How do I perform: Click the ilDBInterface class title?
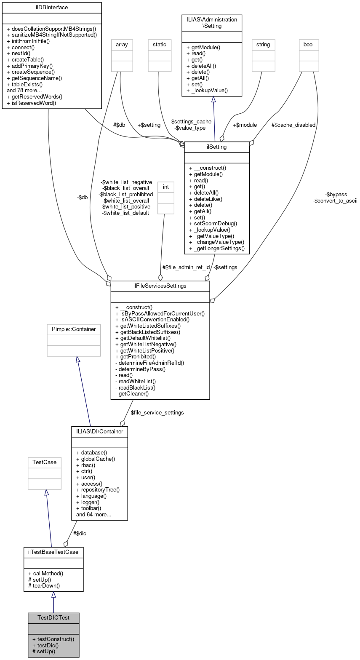click(52, 7)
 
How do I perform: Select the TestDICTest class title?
click(53, 617)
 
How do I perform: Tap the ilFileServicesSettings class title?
click(160, 286)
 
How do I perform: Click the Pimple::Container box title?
click(74, 329)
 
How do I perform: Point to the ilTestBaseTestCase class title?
click(53, 551)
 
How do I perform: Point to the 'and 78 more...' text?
click(24, 90)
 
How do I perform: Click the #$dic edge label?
click(80, 533)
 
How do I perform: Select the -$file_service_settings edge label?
click(156, 412)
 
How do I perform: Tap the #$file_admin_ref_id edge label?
click(186, 267)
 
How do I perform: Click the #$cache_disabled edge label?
click(293, 125)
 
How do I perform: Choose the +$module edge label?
click(245, 125)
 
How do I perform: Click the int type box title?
click(165, 186)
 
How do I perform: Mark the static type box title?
click(160, 44)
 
